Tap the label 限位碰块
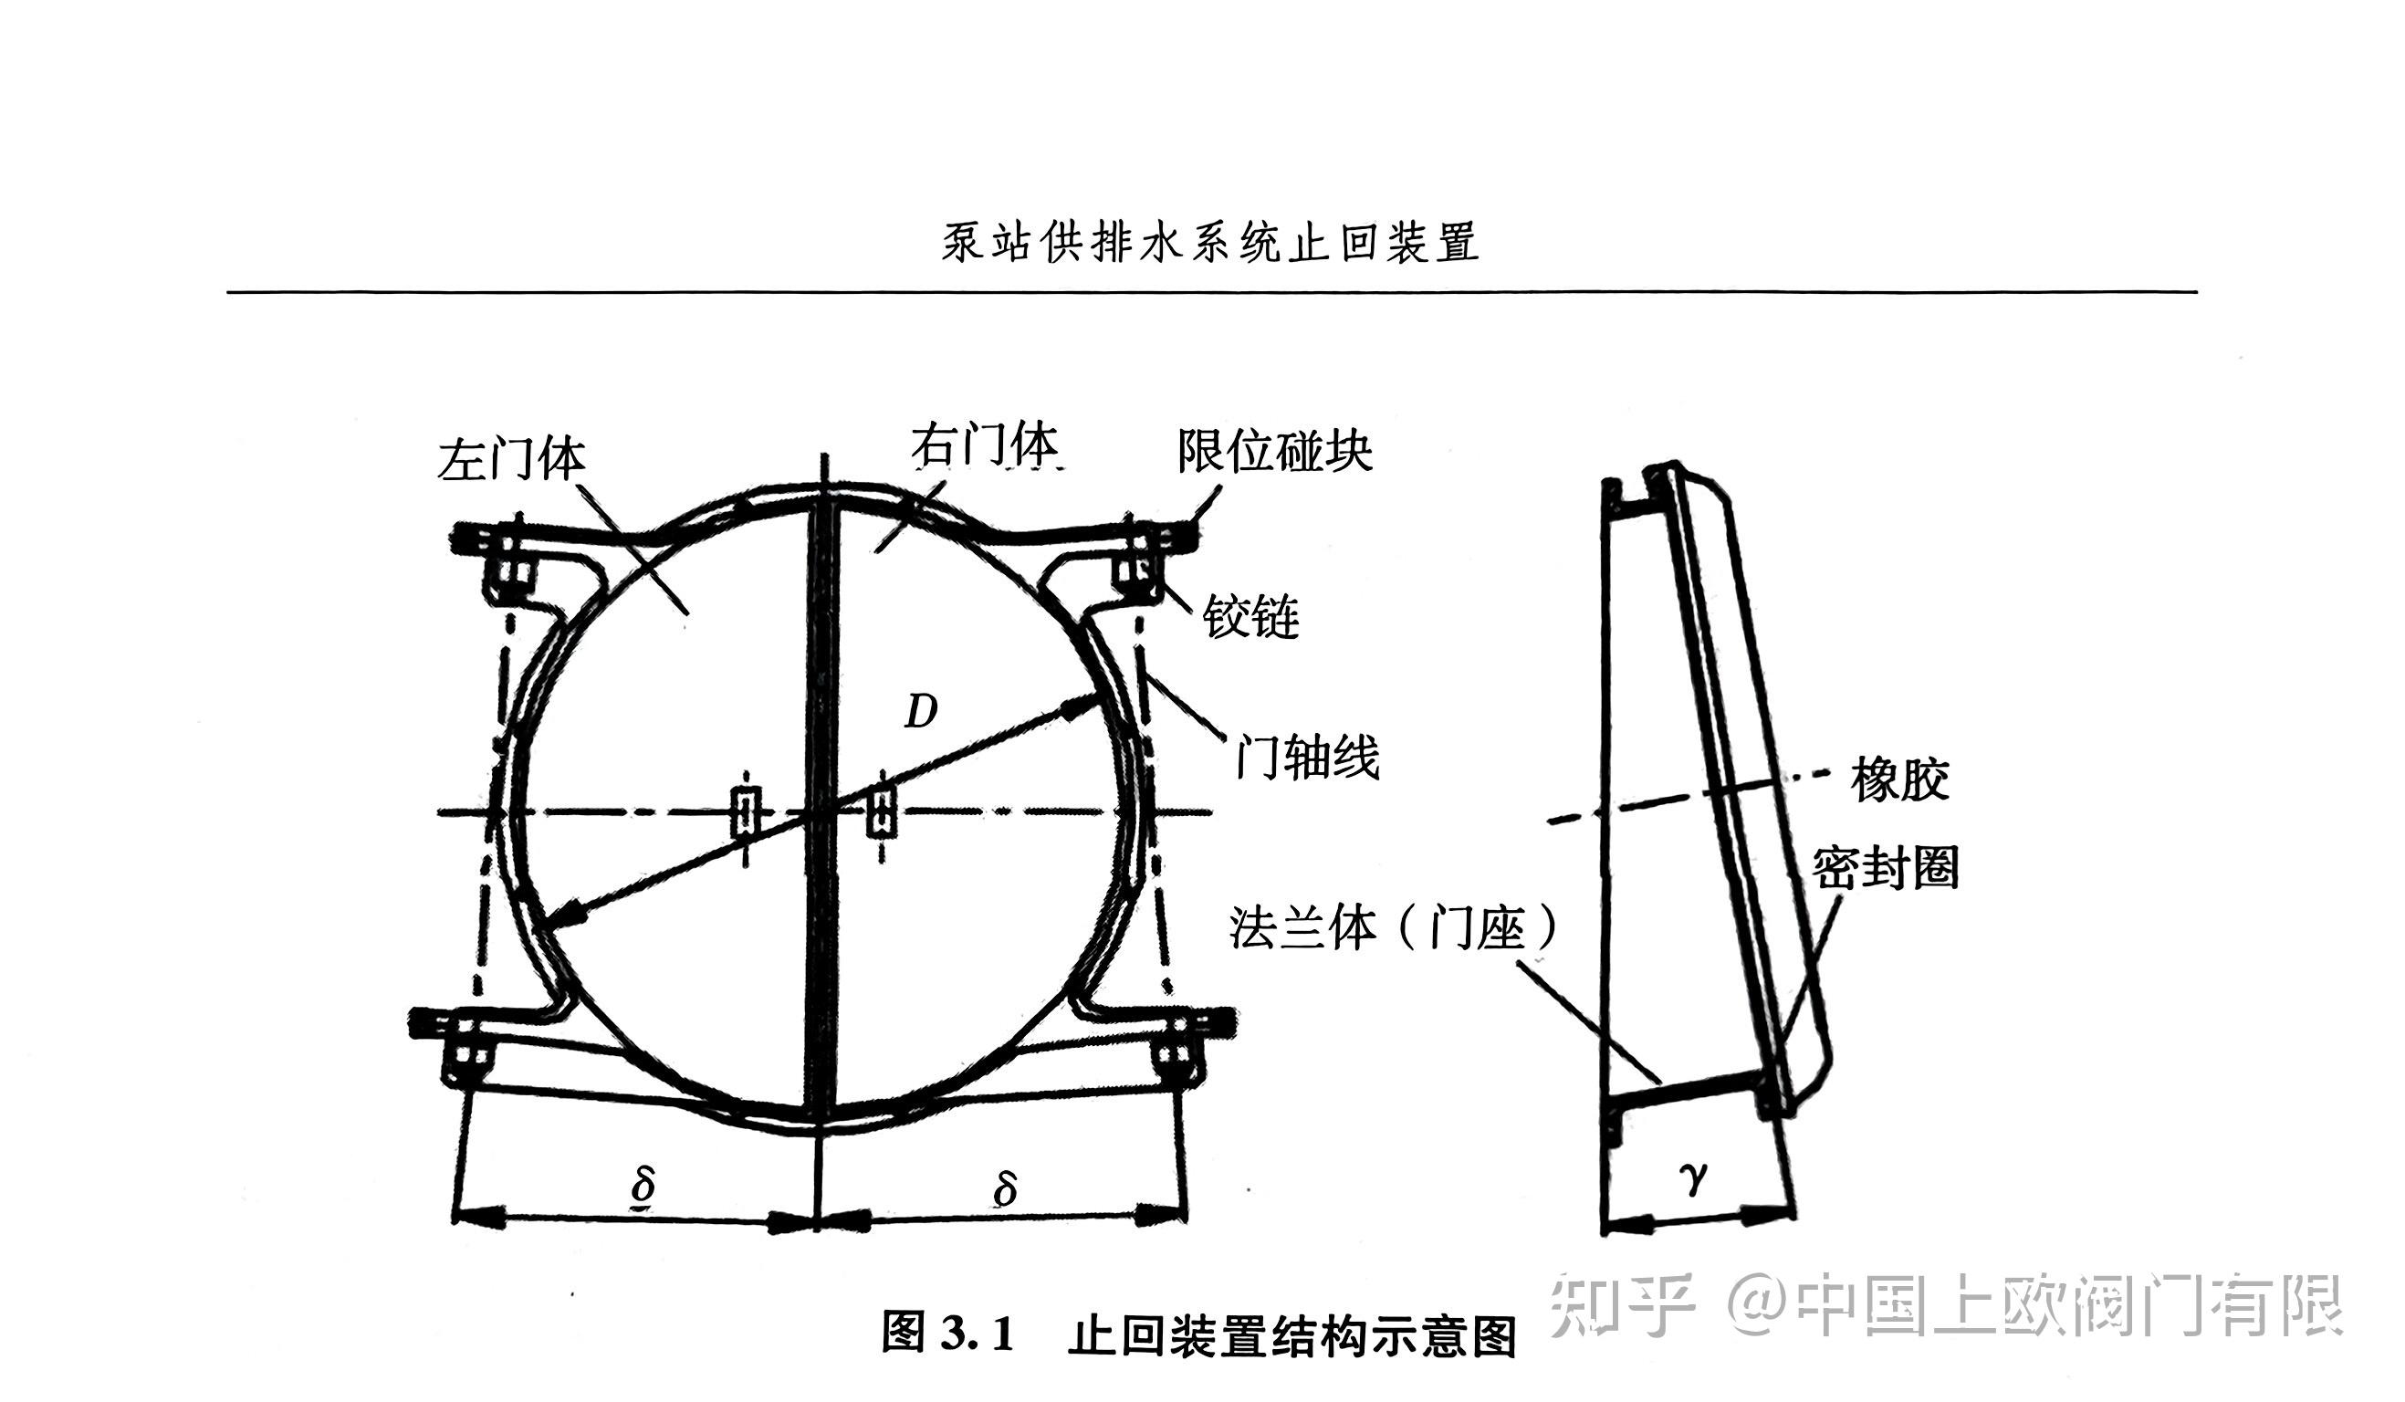coord(1274,451)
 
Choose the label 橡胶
coord(1899,779)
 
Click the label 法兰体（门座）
coord(1393,926)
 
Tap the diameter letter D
coord(921,711)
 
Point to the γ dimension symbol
coord(1693,1179)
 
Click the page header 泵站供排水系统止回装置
coord(1210,243)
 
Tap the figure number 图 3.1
coord(946,1333)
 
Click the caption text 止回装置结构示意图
coord(1292,1335)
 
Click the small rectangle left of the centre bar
coord(746,812)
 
